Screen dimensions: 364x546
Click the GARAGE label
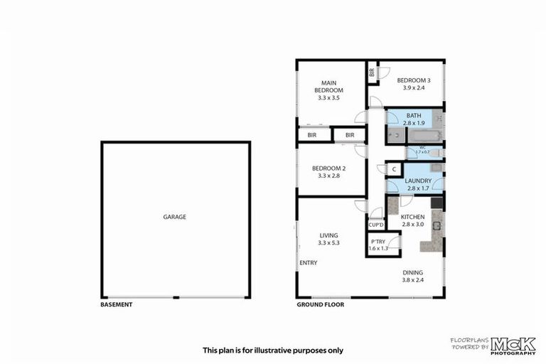[x=174, y=217]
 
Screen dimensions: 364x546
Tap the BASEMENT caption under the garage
[x=117, y=304]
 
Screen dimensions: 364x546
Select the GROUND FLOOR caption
[x=320, y=304]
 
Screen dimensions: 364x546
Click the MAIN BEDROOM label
[x=329, y=90]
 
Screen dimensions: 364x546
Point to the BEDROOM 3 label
[x=413, y=84]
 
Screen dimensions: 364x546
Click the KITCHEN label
[x=412, y=220]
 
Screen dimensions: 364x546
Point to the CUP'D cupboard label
[x=376, y=225]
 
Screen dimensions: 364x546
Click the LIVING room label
[x=328, y=239]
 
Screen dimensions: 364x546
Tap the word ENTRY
[x=309, y=263]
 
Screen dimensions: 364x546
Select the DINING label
[x=412, y=276]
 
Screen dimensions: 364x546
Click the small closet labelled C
[x=393, y=169]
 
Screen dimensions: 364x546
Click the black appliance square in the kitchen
[x=437, y=203]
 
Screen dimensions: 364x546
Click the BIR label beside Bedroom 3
[x=372, y=72]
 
